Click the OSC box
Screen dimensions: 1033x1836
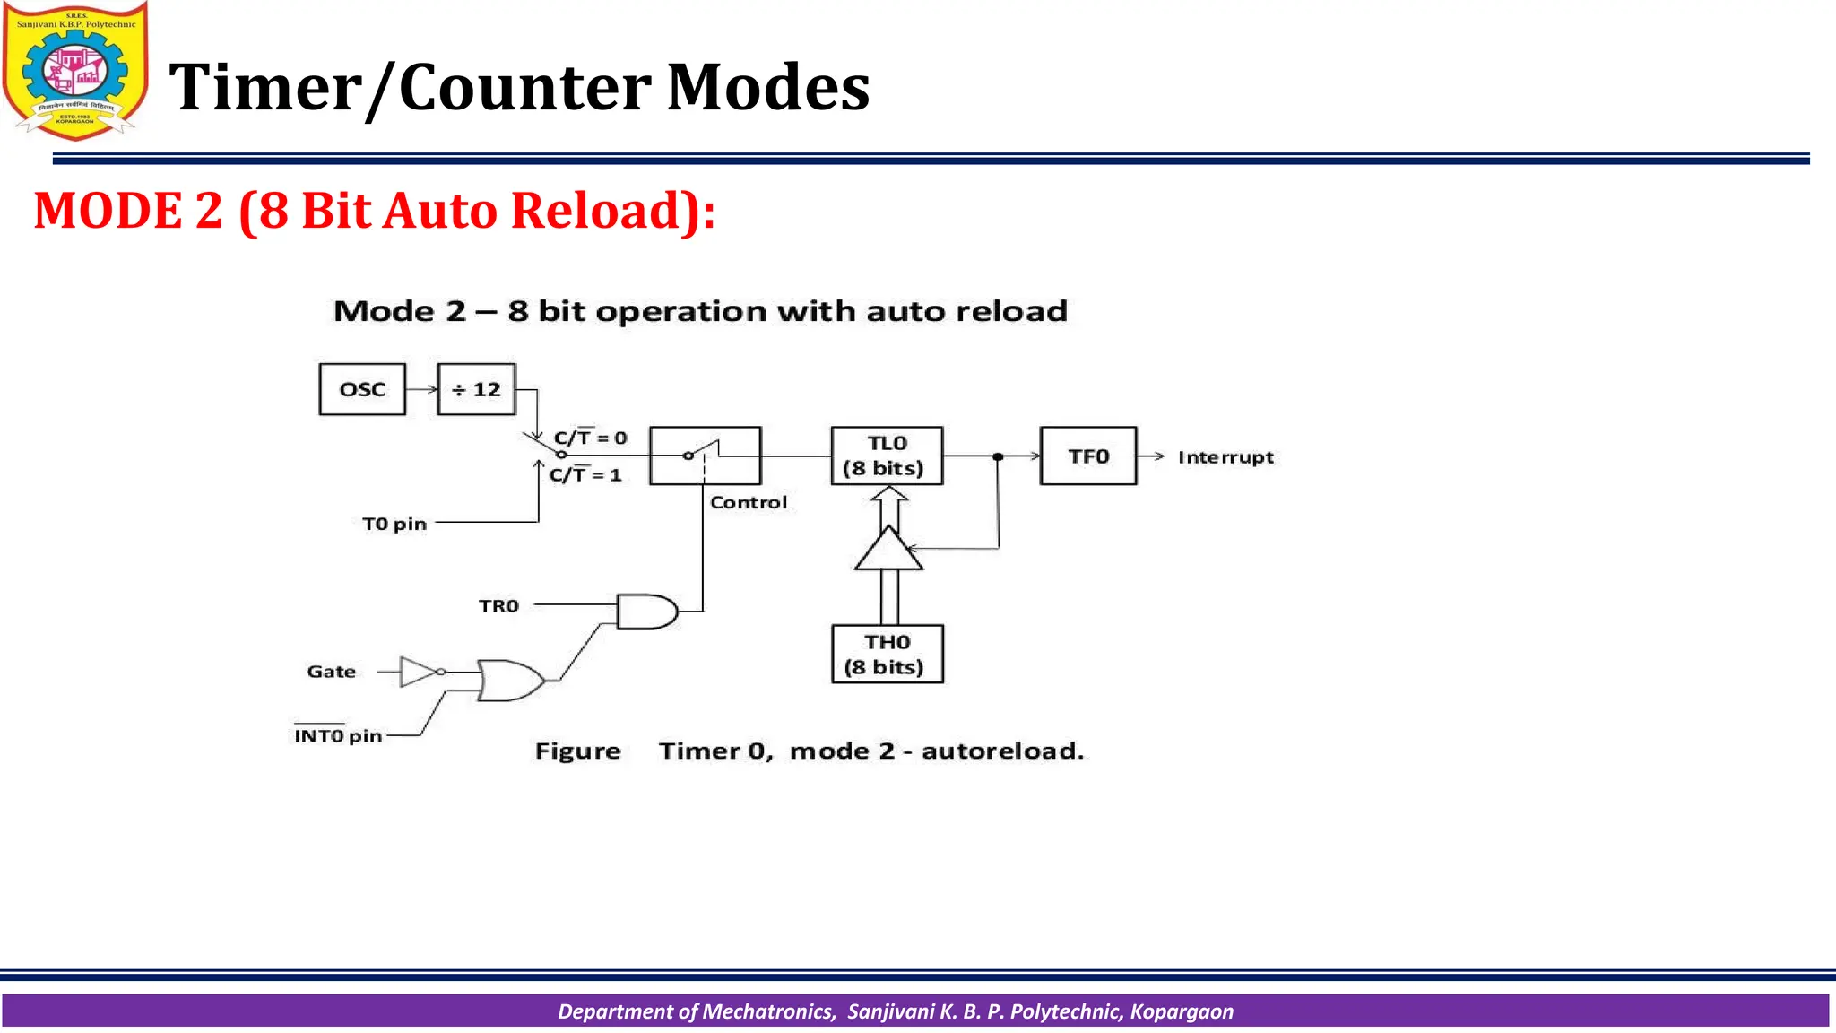click(362, 389)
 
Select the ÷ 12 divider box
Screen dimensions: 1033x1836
click(476, 389)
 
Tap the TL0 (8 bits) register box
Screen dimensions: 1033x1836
click(887, 456)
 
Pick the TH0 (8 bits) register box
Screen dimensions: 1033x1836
click(887, 654)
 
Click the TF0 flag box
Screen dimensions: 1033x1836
click(1088, 456)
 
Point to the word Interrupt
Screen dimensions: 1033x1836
click(1225, 457)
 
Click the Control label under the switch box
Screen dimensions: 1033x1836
click(749, 502)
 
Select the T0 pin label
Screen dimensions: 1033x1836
click(394, 524)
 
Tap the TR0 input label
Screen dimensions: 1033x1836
click(498, 606)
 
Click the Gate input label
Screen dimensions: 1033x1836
click(331, 672)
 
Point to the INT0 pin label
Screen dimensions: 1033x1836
click(338, 735)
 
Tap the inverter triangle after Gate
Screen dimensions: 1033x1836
click(418, 672)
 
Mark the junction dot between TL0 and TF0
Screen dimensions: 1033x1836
click(998, 457)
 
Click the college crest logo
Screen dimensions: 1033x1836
click(75, 71)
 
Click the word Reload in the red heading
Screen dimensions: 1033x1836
click(607, 211)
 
